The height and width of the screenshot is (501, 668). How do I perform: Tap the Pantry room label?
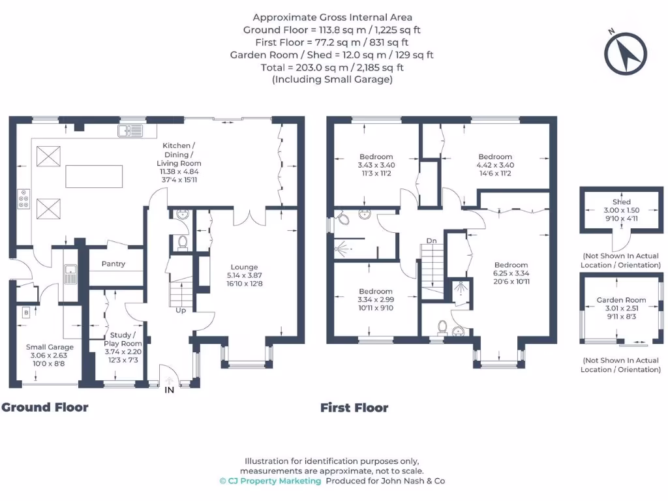coord(113,264)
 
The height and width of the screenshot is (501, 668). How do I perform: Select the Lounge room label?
coord(244,267)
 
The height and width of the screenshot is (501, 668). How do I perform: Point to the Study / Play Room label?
coord(123,339)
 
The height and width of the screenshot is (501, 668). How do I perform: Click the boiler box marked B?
coord(25,313)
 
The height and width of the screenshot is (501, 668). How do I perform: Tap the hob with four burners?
coord(24,198)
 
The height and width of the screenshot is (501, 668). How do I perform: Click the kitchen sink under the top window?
coord(130,132)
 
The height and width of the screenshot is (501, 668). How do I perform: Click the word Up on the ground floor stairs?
coord(180,311)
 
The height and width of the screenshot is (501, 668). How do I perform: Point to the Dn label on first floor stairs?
coord(431,241)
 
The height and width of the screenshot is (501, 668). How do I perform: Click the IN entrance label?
coord(169,390)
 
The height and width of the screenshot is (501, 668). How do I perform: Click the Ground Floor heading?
coord(44,408)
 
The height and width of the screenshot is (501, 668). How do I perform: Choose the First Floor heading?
coord(354,408)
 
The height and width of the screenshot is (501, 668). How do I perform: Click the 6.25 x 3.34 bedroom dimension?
coord(511,273)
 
